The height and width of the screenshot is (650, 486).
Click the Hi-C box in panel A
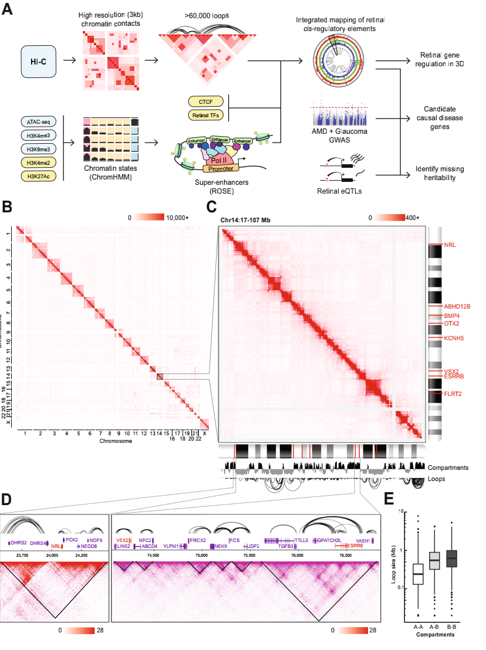(39, 61)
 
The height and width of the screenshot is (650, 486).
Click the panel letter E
(389, 497)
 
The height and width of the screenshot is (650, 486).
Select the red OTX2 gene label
(451, 323)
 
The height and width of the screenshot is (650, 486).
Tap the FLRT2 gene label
(453, 394)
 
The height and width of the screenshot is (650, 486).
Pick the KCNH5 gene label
(454, 338)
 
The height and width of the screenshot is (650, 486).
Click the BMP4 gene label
(451, 316)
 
